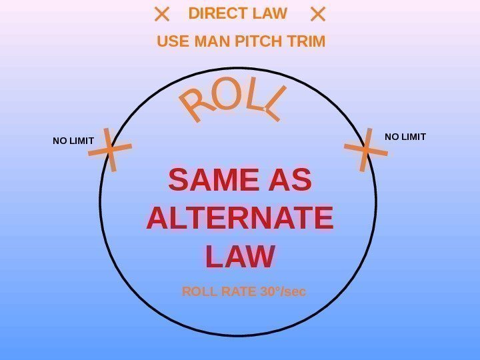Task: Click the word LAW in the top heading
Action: coord(269,13)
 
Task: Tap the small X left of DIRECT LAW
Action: coord(161,14)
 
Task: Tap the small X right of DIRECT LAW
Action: coord(318,14)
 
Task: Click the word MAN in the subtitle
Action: coord(212,42)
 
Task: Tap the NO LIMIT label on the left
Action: coord(73,141)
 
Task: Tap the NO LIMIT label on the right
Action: coord(405,137)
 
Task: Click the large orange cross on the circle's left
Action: coord(111,151)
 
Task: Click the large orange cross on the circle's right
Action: coord(365,149)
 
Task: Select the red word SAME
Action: coord(213,181)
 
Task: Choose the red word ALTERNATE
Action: coord(239,219)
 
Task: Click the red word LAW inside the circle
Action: coord(240,257)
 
